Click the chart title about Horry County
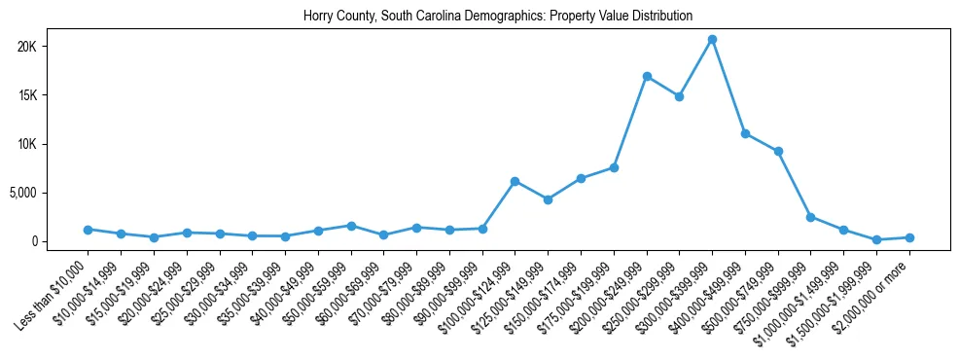pyautogui.click(x=498, y=16)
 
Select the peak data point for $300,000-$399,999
pyautogui.click(x=712, y=40)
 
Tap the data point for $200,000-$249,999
pyautogui.click(x=647, y=77)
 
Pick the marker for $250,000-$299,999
pyautogui.click(x=679, y=96)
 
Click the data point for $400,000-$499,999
pyautogui.click(x=745, y=133)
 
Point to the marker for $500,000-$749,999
pyautogui.click(x=778, y=152)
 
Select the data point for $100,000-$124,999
pyautogui.click(x=515, y=181)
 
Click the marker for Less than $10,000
pyautogui.click(x=88, y=230)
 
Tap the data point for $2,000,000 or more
pyautogui.click(x=909, y=237)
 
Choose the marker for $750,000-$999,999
pyautogui.click(x=810, y=217)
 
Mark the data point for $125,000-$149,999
pyautogui.click(x=548, y=199)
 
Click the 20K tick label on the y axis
pyautogui.click(x=53, y=47)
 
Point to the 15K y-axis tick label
pyautogui.click(x=53, y=95)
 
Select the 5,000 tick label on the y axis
pyautogui.click(x=48, y=193)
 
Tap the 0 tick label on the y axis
pyautogui.click(x=60, y=241)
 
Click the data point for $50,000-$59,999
pyautogui.click(x=351, y=226)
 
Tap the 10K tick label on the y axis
pyautogui.click(x=53, y=144)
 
